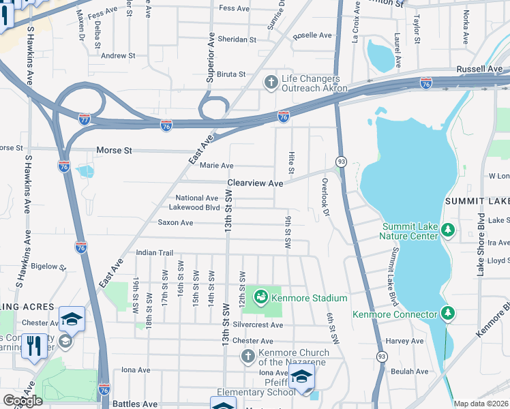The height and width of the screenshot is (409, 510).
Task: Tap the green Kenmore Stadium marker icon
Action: click(x=260, y=298)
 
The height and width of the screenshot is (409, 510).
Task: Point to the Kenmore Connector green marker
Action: click(x=448, y=314)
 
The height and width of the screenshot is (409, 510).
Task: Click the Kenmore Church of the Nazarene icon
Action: click(x=248, y=357)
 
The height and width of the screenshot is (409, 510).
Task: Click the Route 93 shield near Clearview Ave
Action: click(x=340, y=162)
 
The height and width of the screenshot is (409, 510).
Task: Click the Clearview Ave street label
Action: click(x=254, y=183)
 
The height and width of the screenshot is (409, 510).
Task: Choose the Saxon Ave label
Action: click(x=176, y=222)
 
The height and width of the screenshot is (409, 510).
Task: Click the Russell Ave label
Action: click(x=479, y=69)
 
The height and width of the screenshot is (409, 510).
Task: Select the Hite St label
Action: click(x=291, y=162)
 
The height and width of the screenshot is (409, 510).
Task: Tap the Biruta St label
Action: click(x=231, y=74)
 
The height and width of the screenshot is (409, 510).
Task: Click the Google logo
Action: click(x=22, y=400)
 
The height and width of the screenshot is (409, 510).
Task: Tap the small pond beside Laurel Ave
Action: click(x=380, y=55)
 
